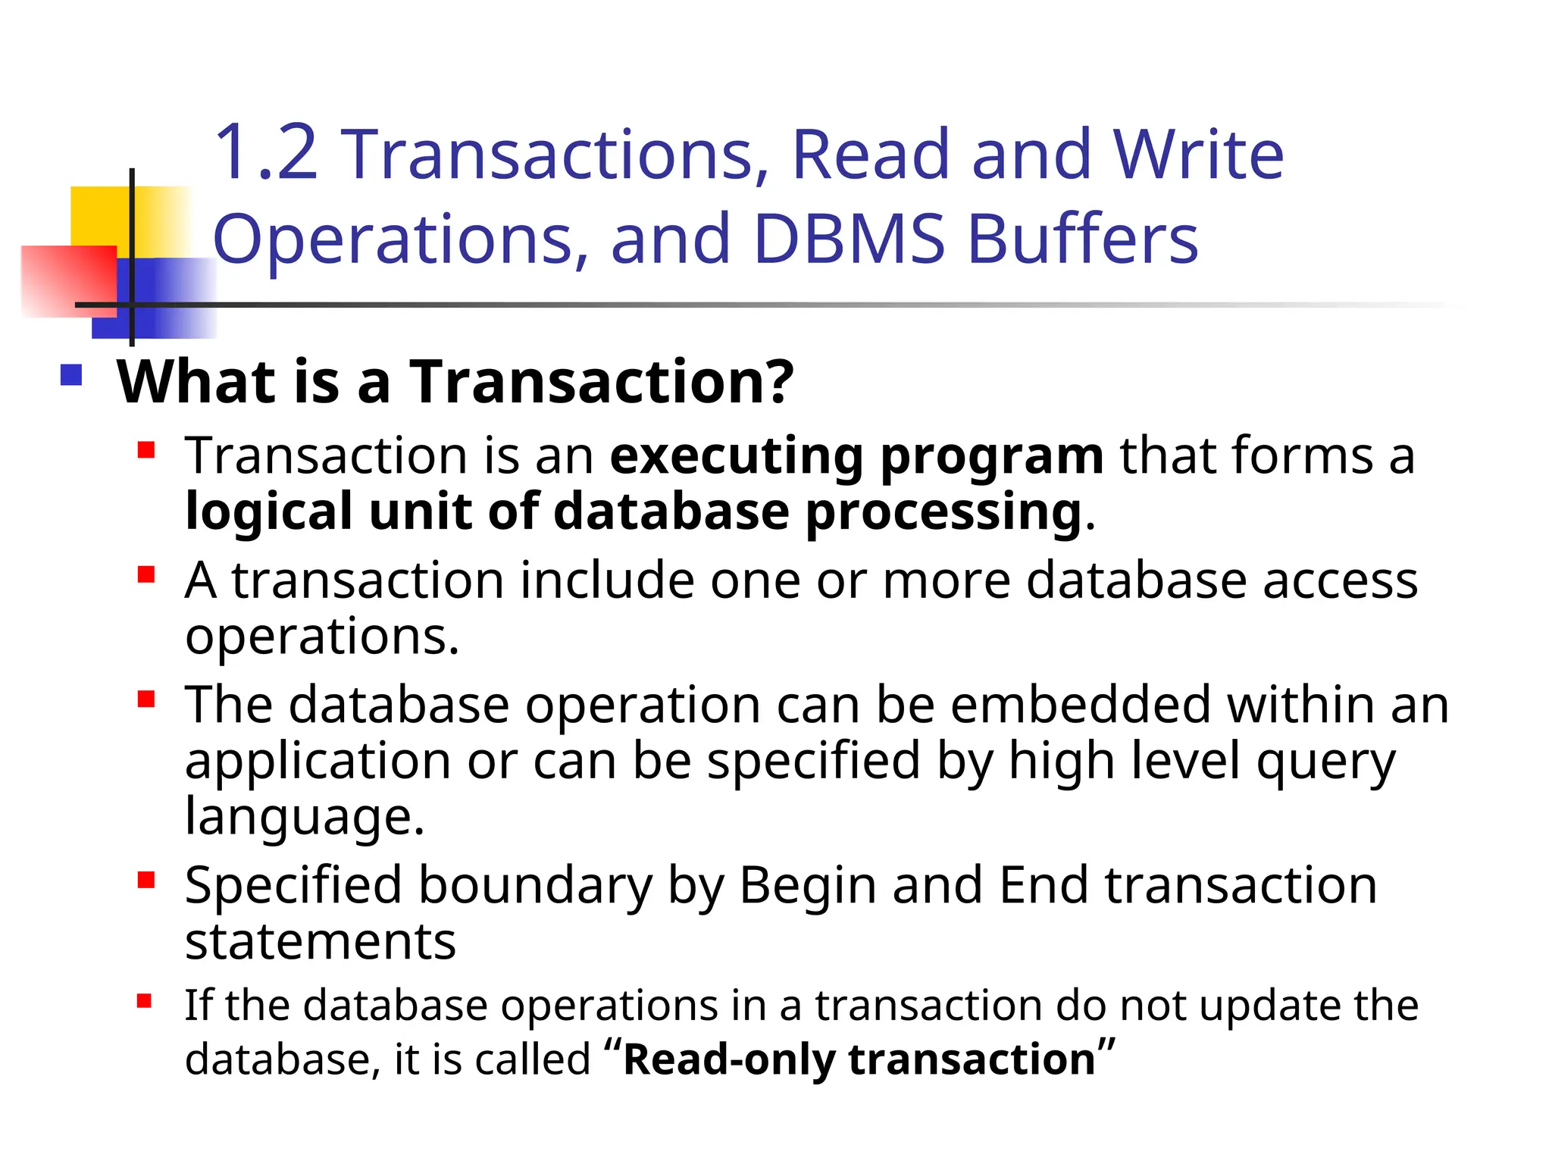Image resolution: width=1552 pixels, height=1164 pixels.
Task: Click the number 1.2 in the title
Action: [x=265, y=155]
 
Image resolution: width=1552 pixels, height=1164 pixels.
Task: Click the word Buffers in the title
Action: [x=1084, y=239]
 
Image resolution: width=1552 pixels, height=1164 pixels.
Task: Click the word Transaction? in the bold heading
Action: [x=602, y=381]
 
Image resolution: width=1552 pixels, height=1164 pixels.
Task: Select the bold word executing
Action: [x=736, y=456]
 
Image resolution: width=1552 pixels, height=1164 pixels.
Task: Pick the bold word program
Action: [x=992, y=456]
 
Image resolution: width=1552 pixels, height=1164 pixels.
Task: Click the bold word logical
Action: [x=269, y=512]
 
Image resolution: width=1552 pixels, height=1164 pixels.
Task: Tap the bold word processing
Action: [x=943, y=513]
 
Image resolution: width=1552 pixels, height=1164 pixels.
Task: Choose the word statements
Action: [x=321, y=942]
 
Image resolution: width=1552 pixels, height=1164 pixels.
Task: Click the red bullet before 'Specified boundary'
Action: [x=145, y=881]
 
